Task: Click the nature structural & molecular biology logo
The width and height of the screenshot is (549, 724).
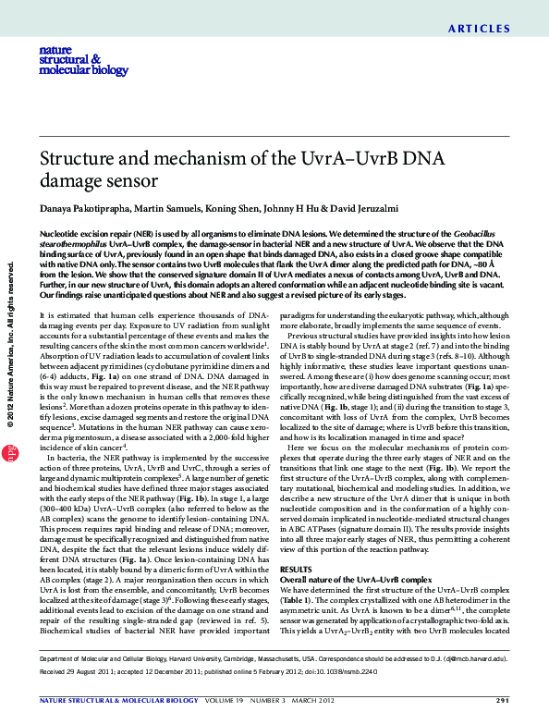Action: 69,61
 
